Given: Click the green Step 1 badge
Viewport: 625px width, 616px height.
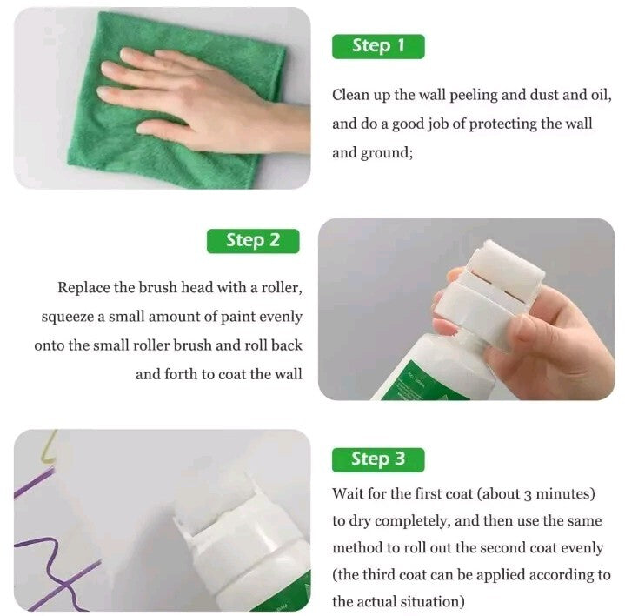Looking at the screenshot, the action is point(378,47).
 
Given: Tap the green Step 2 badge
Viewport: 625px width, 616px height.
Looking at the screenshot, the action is point(253,241).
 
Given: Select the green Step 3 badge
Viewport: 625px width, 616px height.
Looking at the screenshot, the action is point(378,459).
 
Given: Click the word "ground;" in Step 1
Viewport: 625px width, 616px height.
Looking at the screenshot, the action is point(387,154).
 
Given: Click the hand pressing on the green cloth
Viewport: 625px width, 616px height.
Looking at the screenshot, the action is point(203,102).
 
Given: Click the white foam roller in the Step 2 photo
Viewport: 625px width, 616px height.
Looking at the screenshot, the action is point(505,268).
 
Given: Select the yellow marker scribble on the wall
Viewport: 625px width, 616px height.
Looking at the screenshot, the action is point(49,446).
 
